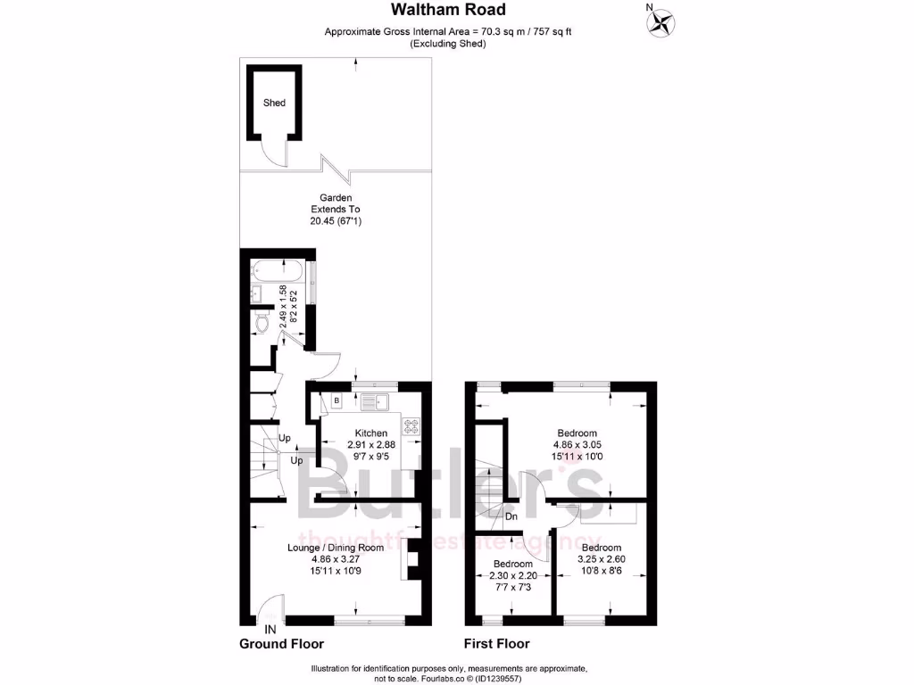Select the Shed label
pos(274,103)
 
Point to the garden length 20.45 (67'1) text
pos(336,221)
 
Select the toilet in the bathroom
pos(262,324)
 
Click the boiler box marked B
pos(337,401)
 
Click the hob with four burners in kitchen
pos(412,426)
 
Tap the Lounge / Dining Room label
pos(336,548)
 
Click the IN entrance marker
pos(270,630)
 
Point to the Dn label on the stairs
pos(511,516)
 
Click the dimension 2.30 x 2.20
pos(513,576)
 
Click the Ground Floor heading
pos(281,644)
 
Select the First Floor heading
pos(496,644)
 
